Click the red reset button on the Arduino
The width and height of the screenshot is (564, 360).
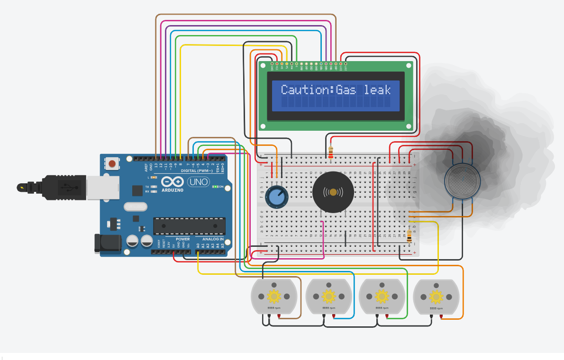click(112, 164)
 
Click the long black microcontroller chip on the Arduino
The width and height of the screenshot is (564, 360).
click(189, 226)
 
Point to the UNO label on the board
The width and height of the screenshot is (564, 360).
click(198, 182)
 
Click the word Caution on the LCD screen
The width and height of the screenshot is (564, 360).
click(306, 90)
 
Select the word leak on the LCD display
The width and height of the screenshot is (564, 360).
click(377, 90)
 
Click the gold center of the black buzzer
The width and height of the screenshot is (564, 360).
click(333, 192)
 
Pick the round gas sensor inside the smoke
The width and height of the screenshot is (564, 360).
click(462, 180)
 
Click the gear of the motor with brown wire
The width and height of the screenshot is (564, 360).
click(274, 297)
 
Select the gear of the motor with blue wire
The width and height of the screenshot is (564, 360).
click(328, 297)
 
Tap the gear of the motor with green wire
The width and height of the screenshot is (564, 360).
click(382, 297)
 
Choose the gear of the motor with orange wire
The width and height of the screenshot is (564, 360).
click(436, 297)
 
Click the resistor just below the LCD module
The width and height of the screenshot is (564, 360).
click(330, 152)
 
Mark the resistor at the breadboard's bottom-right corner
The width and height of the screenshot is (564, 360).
click(409, 236)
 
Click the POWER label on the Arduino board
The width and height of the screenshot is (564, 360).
click(182, 239)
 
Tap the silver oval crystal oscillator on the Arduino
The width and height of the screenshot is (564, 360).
click(136, 207)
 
